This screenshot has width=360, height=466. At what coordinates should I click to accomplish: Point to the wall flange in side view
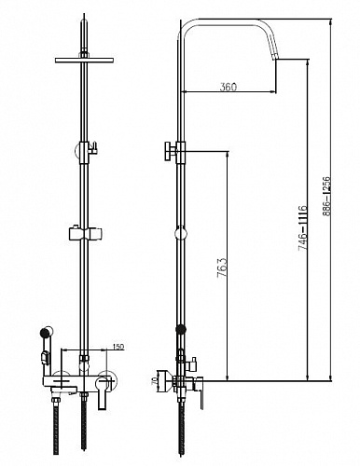click(161, 380)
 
